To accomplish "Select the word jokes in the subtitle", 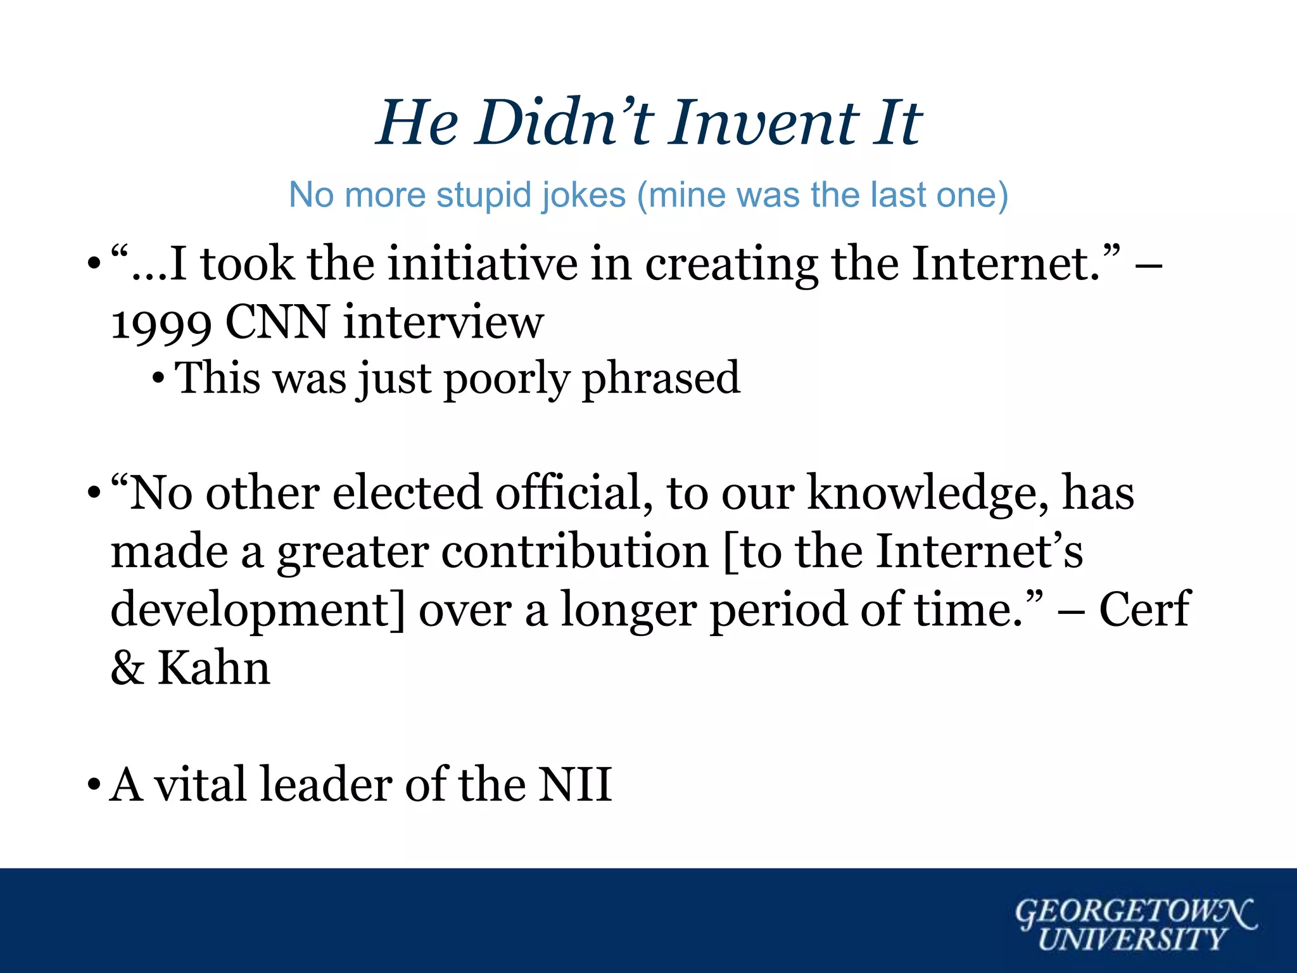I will coord(584,194).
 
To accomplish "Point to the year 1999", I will coord(161,323).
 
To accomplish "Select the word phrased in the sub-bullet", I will coord(661,378).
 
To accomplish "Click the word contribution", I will coord(574,551).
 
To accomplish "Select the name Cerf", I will coord(1144,609).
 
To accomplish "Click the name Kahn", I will coord(213,668).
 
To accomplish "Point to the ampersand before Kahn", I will coord(127,668).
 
